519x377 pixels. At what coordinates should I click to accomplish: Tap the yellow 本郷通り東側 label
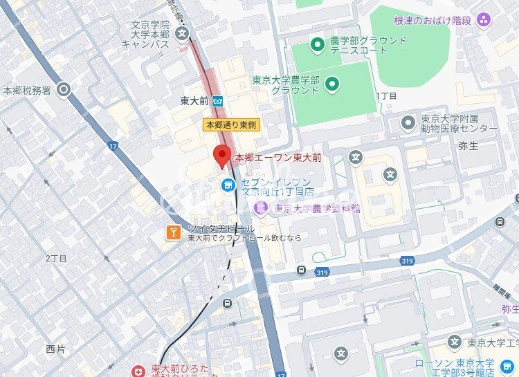pos(230,125)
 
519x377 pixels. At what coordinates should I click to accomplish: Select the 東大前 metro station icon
pos(217,101)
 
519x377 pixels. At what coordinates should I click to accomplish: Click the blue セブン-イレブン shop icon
pos(227,185)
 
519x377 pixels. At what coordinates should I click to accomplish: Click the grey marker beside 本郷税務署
pos(64,89)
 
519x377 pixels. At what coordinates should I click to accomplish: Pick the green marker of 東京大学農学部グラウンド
pos(332,84)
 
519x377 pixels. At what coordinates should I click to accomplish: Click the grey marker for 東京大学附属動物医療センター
pos(408,123)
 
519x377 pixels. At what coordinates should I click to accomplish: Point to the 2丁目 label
pos(56,258)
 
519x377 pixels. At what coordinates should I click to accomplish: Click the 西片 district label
pos(55,349)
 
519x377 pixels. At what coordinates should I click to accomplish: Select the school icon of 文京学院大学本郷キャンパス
pos(182,32)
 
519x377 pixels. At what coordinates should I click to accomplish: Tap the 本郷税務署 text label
pos(27,90)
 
